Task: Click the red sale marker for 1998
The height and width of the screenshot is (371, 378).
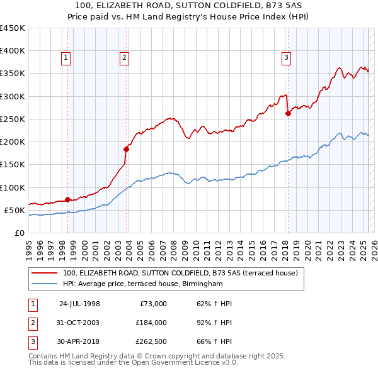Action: pyautogui.click(x=67, y=199)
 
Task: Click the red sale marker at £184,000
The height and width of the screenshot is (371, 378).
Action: pyautogui.click(x=126, y=149)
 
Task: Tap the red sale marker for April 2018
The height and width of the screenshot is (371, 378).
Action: pyautogui.click(x=288, y=113)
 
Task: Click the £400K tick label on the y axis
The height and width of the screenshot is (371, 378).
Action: pyautogui.click(x=13, y=51)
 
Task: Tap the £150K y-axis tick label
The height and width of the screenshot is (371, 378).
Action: pyautogui.click(x=13, y=165)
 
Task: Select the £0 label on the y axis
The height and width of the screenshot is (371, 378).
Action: pyautogui.click(x=19, y=233)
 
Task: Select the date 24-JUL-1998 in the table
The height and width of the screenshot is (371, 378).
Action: pyautogui.click(x=79, y=304)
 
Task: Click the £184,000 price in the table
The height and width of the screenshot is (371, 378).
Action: pyautogui.click(x=151, y=322)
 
